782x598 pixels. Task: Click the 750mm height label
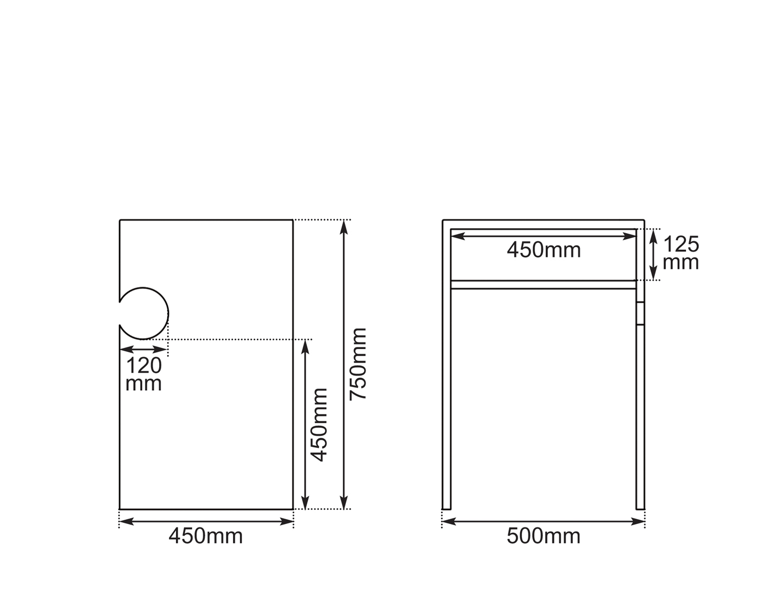coord(358,364)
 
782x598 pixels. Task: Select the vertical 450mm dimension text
coord(318,425)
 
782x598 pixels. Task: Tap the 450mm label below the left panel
coord(205,536)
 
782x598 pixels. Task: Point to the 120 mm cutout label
coord(143,374)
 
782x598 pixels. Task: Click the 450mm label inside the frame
coord(544,250)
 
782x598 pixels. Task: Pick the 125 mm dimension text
coord(681,253)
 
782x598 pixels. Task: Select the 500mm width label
coord(544,536)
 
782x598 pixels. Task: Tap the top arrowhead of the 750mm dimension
coord(343,226)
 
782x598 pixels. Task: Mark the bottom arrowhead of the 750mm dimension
coord(343,503)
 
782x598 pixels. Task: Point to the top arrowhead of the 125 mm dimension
coord(654,235)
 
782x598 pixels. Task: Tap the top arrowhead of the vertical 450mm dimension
coord(305,346)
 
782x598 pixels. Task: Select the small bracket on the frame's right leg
coord(640,313)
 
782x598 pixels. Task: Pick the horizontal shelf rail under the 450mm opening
coord(543,284)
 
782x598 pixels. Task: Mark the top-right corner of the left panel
coord(293,220)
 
